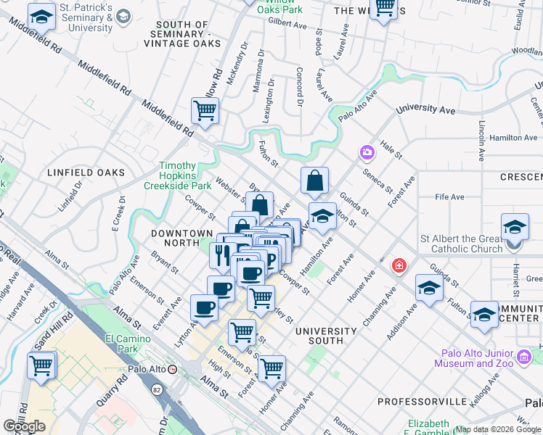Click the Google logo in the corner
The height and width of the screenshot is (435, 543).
pos(24,426)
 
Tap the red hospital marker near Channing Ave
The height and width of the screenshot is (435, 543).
pos(398,266)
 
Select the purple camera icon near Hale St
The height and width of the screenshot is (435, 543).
pos(367,152)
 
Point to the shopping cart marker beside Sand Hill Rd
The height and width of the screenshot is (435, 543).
pos(41,365)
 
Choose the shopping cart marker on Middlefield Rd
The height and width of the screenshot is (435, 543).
pos(205,111)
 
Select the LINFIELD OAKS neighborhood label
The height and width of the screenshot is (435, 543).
pos(86,173)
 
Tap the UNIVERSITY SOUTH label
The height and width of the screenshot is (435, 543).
pos(326,336)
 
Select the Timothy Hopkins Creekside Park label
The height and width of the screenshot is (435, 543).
pos(186,176)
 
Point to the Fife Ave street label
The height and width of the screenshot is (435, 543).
pos(449,197)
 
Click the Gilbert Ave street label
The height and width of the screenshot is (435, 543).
pos(287,24)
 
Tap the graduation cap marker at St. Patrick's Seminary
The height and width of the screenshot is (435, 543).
pos(41,16)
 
